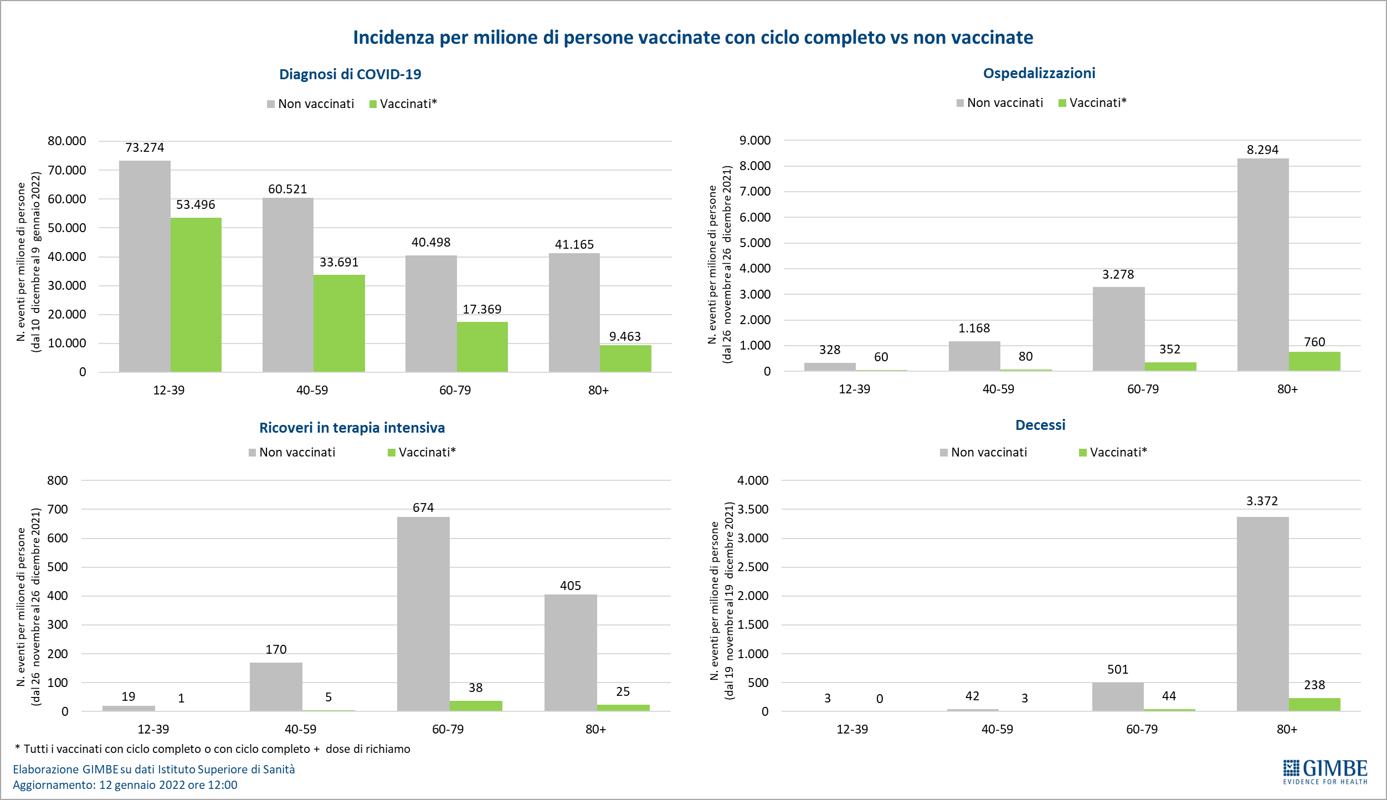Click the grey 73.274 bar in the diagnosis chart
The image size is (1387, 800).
[x=145, y=266]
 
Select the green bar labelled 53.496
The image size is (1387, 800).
[x=196, y=294]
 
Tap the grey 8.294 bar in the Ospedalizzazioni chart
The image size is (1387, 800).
[x=1262, y=264]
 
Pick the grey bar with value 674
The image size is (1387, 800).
[x=423, y=613]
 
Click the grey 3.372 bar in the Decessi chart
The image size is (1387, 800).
[x=1262, y=613]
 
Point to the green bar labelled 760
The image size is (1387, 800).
[x=1314, y=361]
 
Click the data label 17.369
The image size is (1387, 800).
[x=482, y=309]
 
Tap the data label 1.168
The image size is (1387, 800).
[x=974, y=328]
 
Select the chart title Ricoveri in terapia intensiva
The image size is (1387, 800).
[x=352, y=428]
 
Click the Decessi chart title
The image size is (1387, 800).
[x=1040, y=425]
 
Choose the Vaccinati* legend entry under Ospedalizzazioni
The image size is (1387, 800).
[x=1092, y=103]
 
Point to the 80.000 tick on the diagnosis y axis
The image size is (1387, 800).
[x=67, y=141]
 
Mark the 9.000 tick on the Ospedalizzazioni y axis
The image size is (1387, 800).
[x=754, y=140]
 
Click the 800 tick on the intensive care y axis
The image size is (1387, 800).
[x=58, y=480]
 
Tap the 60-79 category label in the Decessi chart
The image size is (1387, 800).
[x=1142, y=729]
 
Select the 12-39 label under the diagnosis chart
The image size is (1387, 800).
[x=168, y=390]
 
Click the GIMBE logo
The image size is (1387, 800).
[x=1325, y=771]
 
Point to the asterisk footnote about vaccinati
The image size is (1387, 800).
[x=213, y=749]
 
